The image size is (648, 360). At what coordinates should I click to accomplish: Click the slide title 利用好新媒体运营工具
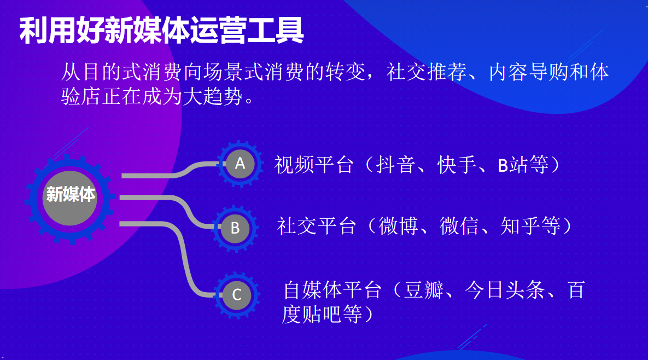[x=161, y=31]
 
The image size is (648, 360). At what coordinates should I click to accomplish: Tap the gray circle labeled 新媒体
[x=70, y=198]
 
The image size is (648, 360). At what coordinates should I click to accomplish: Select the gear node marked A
[x=240, y=164]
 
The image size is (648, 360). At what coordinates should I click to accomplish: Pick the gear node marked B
[x=235, y=228]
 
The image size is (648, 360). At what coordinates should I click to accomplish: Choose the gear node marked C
[x=237, y=295]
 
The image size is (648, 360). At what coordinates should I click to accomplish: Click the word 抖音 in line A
[x=395, y=165]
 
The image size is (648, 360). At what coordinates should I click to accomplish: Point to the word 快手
[x=457, y=165]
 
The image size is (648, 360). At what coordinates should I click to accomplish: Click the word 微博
[x=398, y=226]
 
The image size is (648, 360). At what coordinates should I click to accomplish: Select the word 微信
[x=459, y=226]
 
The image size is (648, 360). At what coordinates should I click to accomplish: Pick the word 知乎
[x=520, y=226]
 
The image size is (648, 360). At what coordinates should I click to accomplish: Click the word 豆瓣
[x=424, y=290]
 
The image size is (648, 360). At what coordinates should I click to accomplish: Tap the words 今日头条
[x=505, y=290]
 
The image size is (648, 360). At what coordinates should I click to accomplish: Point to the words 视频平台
[x=314, y=165]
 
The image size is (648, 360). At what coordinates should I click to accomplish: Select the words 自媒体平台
[x=332, y=290]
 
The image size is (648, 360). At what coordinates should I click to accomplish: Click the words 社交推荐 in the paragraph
[x=427, y=72]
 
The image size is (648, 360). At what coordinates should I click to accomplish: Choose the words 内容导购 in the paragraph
[x=529, y=72]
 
